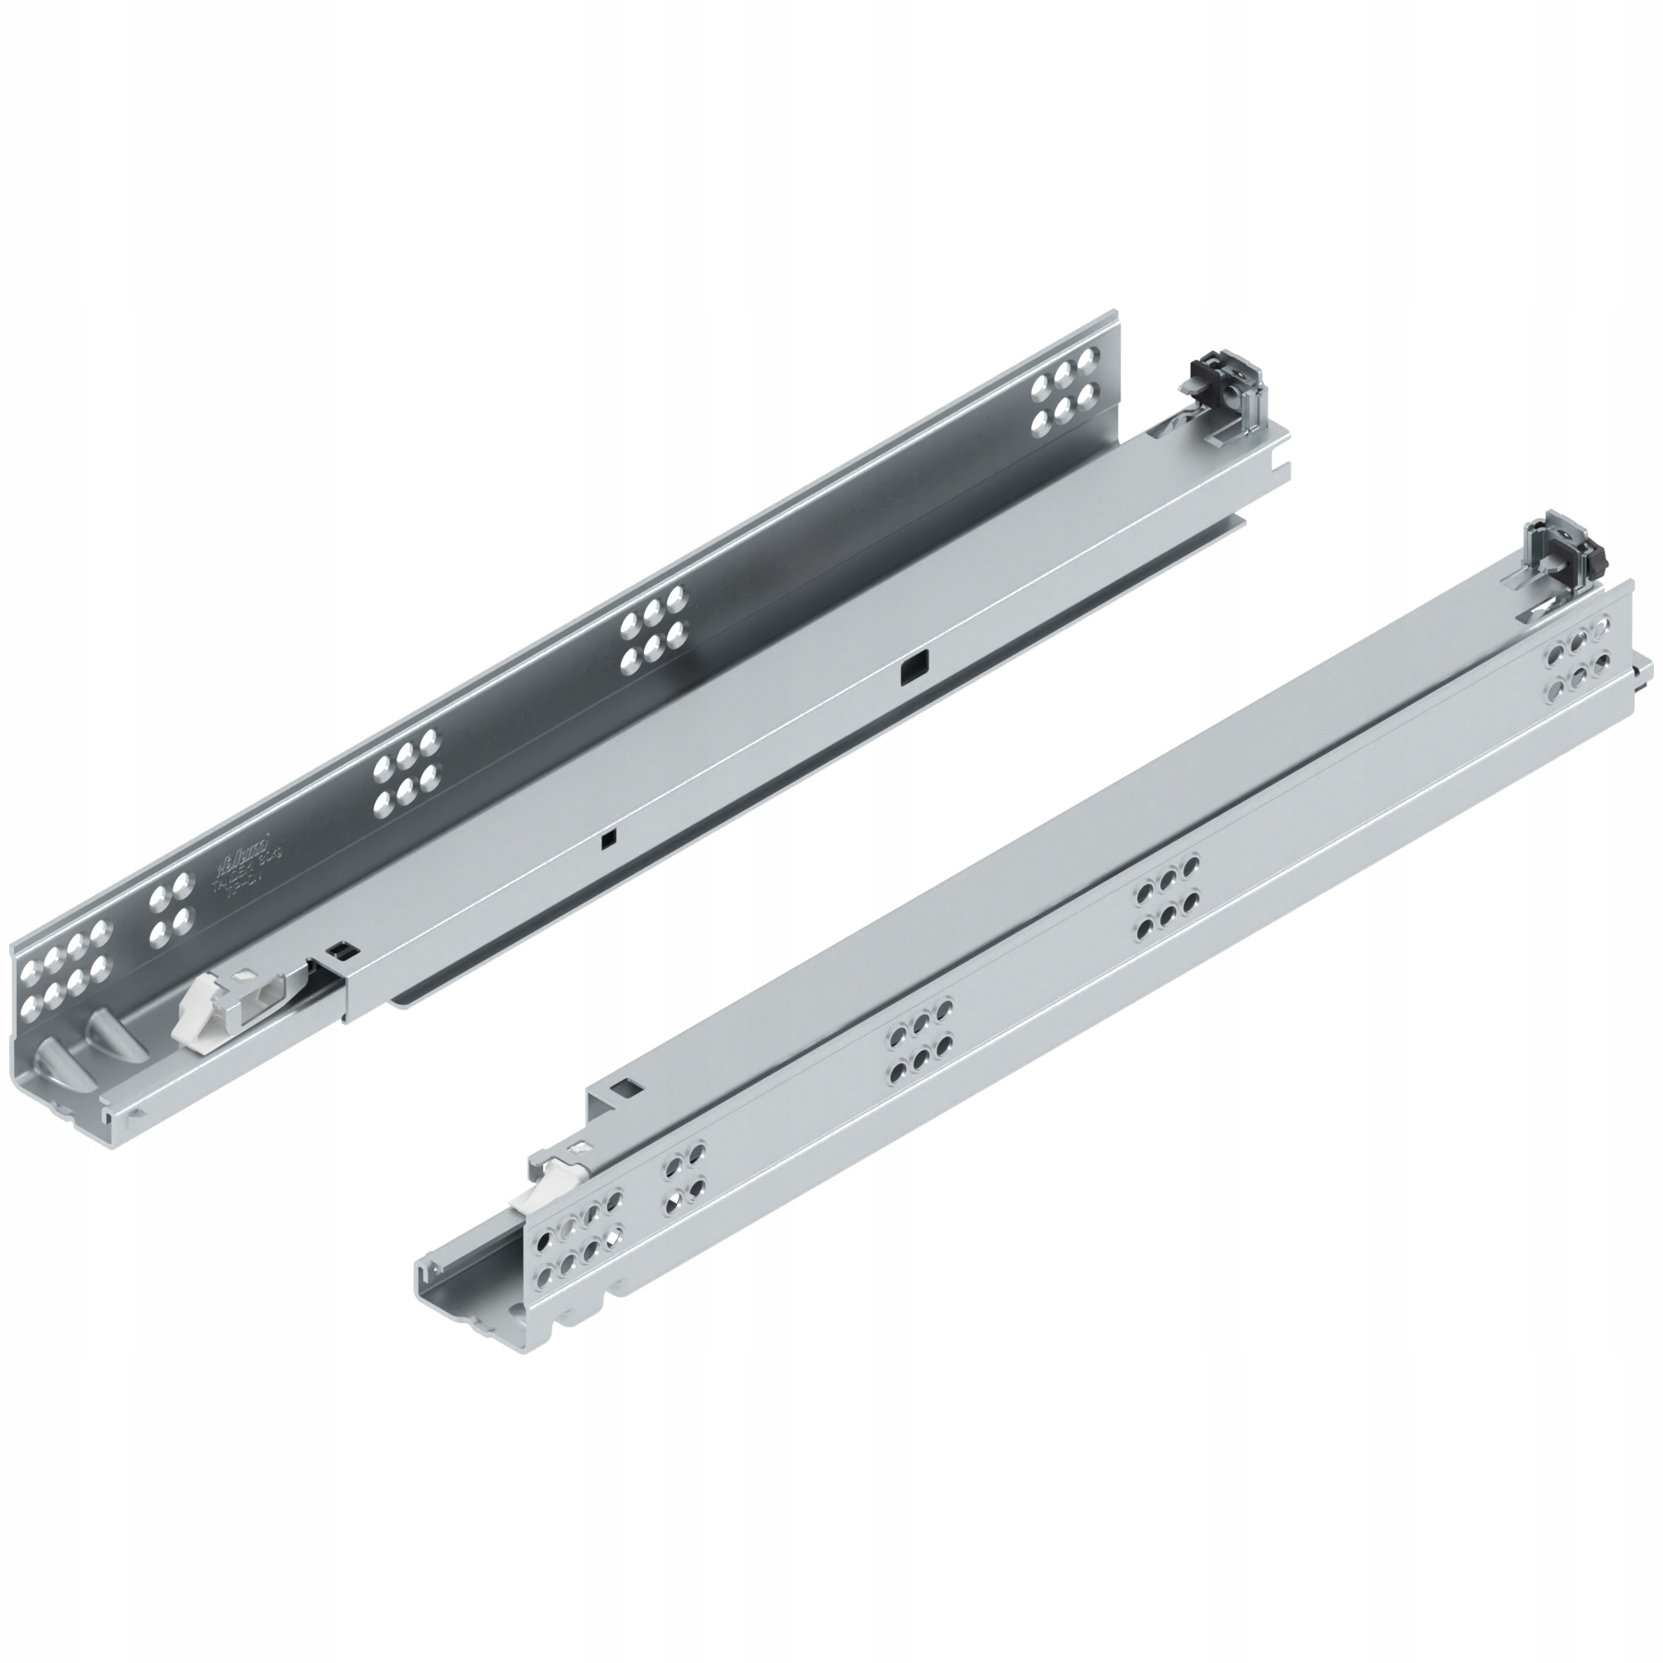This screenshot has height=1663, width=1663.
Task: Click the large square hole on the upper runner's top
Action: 914,670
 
